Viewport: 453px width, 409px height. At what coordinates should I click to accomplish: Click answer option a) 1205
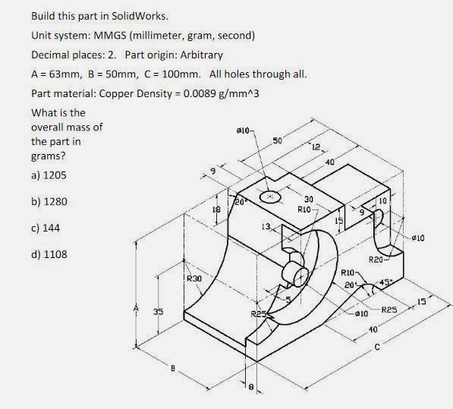point(49,174)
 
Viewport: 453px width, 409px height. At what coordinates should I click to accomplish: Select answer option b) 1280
point(49,200)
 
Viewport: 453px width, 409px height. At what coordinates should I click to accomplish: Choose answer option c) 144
point(46,228)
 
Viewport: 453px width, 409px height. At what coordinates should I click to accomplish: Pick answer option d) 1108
point(49,254)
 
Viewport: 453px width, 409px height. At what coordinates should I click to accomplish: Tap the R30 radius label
point(193,279)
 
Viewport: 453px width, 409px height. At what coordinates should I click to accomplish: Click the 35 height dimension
point(158,312)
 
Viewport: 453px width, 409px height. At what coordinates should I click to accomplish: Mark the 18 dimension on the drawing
point(215,209)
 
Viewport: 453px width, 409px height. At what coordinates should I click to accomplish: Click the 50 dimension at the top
point(277,141)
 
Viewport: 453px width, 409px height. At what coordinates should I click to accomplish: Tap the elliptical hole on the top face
point(270,197)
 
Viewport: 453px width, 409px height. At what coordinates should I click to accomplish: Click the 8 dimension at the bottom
point(251,386)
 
